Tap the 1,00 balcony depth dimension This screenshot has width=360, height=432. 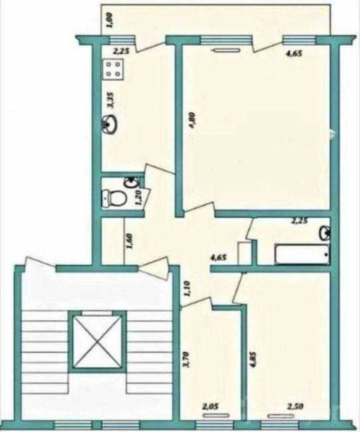tap(108, 22)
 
